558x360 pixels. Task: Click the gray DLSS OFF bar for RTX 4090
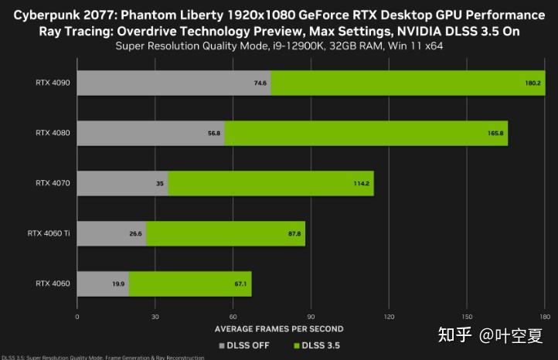tap(174, 83)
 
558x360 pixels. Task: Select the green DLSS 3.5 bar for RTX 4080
tap(366, 133)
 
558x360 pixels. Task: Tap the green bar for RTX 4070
tap(270, 183)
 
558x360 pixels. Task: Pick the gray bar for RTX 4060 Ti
tap(111, 233)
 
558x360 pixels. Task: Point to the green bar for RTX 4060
tap(190, 284)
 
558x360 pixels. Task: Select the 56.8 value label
tap(214, 133)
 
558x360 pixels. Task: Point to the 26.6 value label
tap(136, 233)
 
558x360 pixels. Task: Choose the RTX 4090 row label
tap(53, 83)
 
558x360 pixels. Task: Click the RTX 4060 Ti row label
tap(49, 233)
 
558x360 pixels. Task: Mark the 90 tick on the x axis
tap(311, 317)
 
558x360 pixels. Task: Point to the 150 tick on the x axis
tap(467, 317)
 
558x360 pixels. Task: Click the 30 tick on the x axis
tap(155, 317)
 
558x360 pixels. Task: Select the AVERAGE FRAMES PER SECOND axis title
tap(279, 329)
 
